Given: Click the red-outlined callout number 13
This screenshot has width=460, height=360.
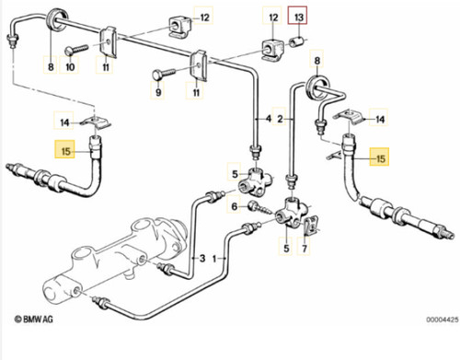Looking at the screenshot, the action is click(x=298, y=17).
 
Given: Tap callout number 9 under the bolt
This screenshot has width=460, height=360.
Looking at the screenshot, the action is click(x=158, y=92).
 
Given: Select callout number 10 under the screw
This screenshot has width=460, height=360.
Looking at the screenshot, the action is click(x=70, y=66).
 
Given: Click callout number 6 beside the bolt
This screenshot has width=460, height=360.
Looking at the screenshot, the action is click(x=235, y=206).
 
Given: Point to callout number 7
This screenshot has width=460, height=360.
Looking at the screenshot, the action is click(x=305, y=249).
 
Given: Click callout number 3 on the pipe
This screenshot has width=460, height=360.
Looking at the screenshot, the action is click(x=202, y=258).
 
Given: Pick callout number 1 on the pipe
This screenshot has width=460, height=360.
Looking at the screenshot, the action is click(x=214, y=259).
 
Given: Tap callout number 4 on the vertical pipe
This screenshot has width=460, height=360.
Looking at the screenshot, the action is click(x=269, y=118).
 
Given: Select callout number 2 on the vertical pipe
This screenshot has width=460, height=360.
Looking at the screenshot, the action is click(x=280, y=119).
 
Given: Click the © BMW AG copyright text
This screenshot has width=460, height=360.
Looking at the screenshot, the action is click(x=34, y=319).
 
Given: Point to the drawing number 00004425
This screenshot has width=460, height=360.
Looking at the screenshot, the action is click(x=443, y=319).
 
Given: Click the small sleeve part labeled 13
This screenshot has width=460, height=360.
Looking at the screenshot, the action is click(x=296, y=41).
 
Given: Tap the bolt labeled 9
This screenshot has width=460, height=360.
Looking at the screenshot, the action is click(x=164, y=74).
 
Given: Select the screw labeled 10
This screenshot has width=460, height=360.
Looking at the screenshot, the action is click(x=76, y=49).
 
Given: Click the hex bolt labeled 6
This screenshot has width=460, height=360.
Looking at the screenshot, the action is click(x=260, y=208).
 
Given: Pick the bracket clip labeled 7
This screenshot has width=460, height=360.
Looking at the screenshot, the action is click(x=311, y=226).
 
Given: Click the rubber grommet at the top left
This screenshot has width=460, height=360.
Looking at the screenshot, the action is click(x=57, y=20).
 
